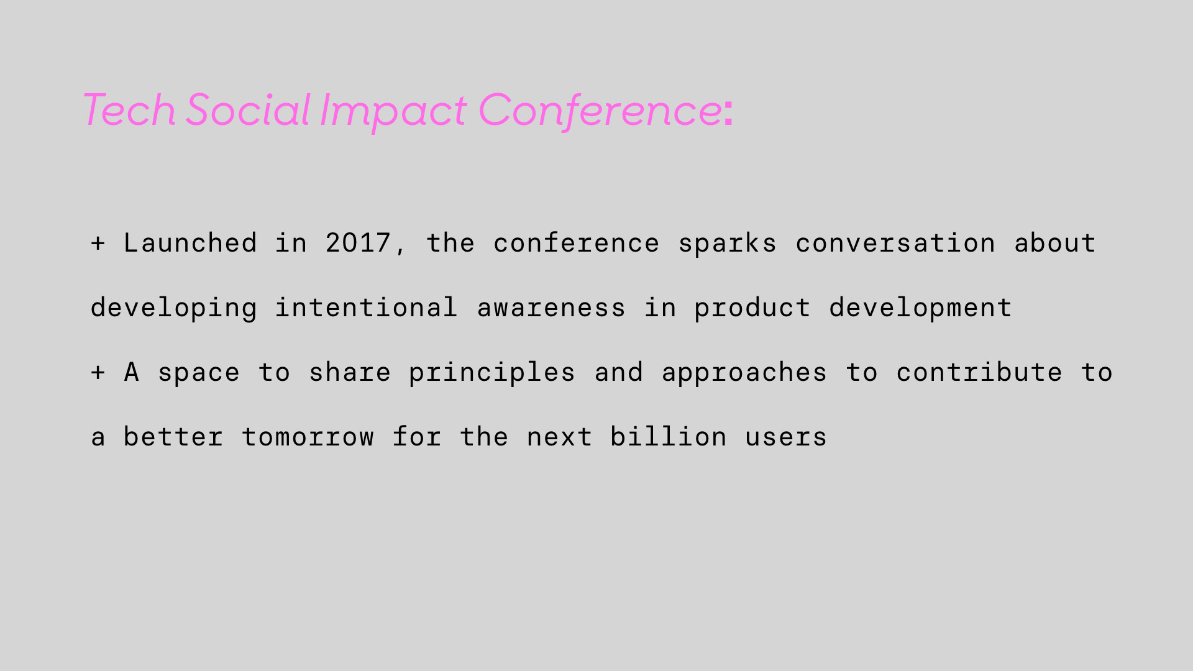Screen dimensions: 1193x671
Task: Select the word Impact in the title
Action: click(393, 112)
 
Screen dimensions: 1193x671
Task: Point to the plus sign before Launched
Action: click(98, 243)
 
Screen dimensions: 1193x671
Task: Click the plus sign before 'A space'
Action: click(98, 372)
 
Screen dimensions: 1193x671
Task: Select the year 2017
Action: click(358, 242)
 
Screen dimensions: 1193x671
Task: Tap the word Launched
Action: click(190, 242)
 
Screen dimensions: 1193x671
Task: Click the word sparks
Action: click(727, 244)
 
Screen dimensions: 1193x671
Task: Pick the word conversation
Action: click(895, 243)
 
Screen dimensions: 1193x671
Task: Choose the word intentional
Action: click(367, 308)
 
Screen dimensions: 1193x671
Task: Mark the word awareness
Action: click(551, 308)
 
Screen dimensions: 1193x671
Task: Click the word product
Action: click(752, 308)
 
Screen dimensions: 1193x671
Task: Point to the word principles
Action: click(492, 373)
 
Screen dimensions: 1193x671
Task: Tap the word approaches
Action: click(744, 373)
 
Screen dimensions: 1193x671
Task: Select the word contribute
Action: click(979, 372)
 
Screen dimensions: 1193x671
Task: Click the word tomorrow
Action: click(308, 437)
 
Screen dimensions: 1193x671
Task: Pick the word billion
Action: click(669, 437)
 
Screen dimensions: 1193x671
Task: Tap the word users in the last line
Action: click(786, 437)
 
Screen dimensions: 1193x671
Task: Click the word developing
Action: click(173, 308)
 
